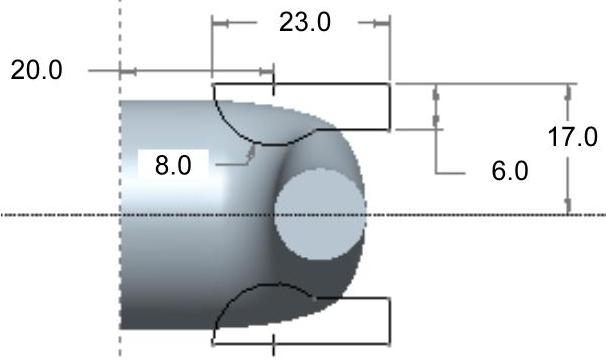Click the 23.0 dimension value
(x=305, y=22)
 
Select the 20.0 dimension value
(x=36, y=70)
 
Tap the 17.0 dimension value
(x=572, y=137)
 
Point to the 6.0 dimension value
(x=510, y=171)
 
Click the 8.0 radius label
(x=173, y=165)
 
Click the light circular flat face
(x=320, y=214)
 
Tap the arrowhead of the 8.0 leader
(x=252, y=152)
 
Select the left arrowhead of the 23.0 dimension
(x=220, y=23)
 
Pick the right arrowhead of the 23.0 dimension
(x=381, y=23)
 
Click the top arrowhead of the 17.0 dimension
(x=568, y=93)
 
